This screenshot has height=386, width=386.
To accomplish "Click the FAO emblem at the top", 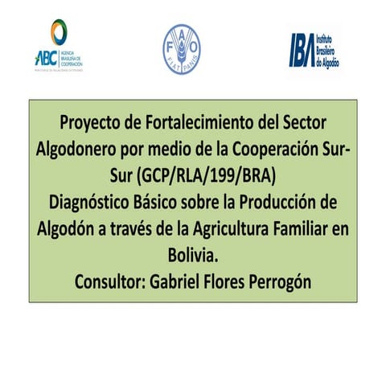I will [180, 47].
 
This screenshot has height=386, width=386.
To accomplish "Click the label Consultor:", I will [109, 281].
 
